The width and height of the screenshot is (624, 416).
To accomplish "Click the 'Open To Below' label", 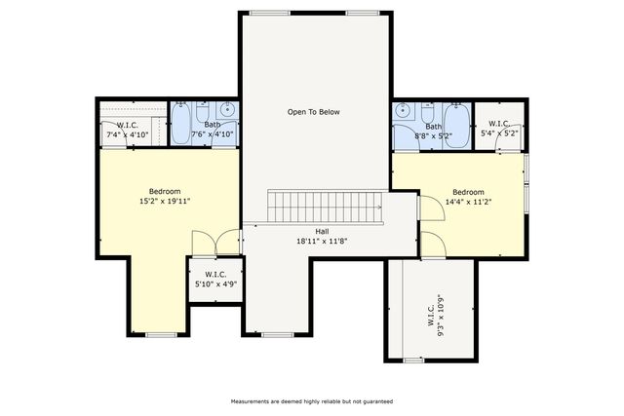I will [x=313, y=112].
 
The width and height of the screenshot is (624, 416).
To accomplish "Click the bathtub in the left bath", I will [x=181, y=124].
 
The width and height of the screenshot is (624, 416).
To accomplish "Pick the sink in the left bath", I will [x=227, y=109].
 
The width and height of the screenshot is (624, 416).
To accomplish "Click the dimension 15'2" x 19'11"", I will [x=165, y=201].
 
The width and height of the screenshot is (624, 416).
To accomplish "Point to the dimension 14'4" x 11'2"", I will [x=467, y=202].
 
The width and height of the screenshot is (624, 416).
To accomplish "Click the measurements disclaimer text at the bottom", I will [x=312, y=400].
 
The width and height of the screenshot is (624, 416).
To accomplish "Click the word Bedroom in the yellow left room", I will [x=165, y=191].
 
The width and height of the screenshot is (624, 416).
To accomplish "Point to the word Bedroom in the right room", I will [x=467, y=192].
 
